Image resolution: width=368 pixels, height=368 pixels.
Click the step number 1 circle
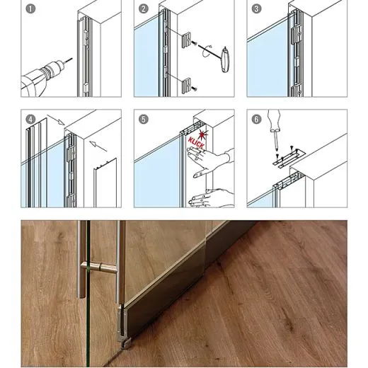30,9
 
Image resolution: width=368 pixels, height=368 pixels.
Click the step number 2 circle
144,9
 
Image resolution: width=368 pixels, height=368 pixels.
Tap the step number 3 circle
256,9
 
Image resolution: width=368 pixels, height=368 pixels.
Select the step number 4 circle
30,119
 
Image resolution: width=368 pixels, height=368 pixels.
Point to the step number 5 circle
144,119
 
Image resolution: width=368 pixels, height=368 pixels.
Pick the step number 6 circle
256,119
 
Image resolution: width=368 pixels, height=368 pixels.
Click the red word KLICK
195,143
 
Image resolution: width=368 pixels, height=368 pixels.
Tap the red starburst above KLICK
203,134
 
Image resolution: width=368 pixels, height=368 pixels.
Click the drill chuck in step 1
54,69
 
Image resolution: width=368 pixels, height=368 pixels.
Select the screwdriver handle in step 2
226,59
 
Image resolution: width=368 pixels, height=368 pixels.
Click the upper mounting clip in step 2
186,40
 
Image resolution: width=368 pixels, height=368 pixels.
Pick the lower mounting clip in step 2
186,86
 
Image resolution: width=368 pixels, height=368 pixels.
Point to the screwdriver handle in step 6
274,120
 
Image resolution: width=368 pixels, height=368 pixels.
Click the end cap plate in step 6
289,159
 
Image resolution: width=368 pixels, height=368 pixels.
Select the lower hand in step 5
211,198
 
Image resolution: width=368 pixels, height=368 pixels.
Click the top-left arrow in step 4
56,120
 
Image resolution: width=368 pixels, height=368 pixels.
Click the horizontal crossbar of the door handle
99,268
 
